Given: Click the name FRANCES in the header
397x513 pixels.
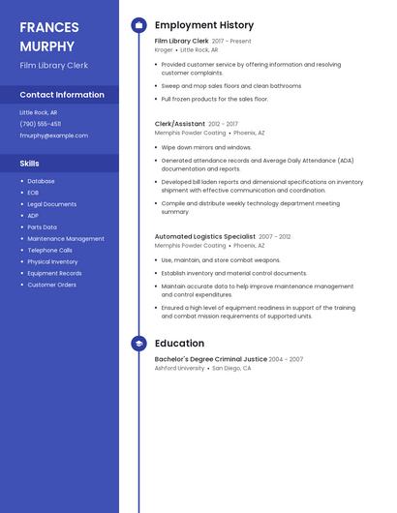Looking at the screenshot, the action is pyautogui.click(x=49, y=27).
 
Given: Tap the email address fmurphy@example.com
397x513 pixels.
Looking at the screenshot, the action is pyautogui.click(x=53, y=136).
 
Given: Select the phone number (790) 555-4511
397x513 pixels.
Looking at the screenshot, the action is pyautogui.click(x=40, y=124).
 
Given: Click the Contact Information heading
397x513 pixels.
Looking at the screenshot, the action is pyautogui.click(x=62, y=95).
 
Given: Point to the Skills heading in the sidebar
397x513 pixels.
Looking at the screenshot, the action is pyautogui.click(x=30, y=164).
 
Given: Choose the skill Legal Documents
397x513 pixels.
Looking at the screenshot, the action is pyautogui.click(x=51, y=204).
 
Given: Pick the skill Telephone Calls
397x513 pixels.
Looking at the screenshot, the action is pyautogui.click(x=49, y=250).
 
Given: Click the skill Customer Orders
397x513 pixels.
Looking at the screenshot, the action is pyautogui.click(x=51, y=285).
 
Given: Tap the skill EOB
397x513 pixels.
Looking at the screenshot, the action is pyautogui.click(x=34, y=193).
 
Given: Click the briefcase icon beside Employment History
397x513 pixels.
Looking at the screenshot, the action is pyautogui.click(x=138, y=25).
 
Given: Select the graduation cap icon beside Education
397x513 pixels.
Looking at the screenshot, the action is pyautogui.click(x=138, y=344).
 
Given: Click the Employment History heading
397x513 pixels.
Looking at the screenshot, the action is pyautogui.click(x=204, y=25).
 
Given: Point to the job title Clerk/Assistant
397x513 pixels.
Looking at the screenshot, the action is pyautogui.click(x=180, y=124).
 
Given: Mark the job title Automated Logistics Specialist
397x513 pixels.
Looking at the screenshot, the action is pyautogui.click(x=205, y=236).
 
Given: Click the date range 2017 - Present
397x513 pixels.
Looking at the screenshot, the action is pyautogui.click(x=231, y=42).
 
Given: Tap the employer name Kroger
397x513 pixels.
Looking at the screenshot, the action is pyautogui.click(x=164, y=49).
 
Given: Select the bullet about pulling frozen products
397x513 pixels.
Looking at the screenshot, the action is pyautogui.click(x=214, y=99).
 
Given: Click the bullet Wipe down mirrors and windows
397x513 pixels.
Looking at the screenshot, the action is pyautogui.click(x=206, y=147).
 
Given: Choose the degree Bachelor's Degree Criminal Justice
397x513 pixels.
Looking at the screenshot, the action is pyautogui.click(x=210, y=359).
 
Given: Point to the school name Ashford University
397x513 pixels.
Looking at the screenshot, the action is pyautogui.click(x=179, y=368).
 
